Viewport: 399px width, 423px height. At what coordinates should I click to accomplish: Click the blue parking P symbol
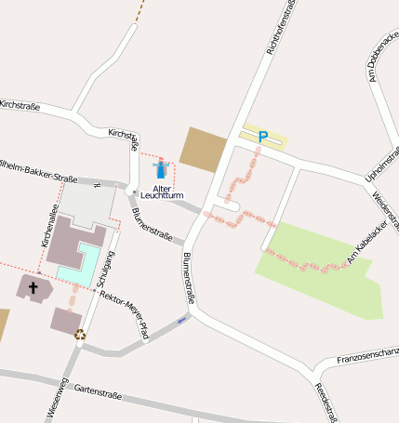pyautogui.click(x=263, y=138)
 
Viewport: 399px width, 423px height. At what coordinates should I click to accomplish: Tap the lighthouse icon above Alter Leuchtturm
pyautogui.click(x=160, y=169)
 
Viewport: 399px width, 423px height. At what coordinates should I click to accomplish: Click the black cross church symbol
pyautogui.click(x=33, y=287)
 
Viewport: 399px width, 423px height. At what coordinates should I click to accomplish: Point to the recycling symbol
pyautogui.click(x=80, y=335)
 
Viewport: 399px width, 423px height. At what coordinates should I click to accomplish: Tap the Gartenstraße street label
pyautogui.click(x=98, y=392)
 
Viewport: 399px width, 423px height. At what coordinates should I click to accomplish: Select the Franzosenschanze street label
pyautogui.click(x=367, y=354)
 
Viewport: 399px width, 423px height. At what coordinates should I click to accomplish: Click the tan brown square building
pyautogui.click(x=203, y=149)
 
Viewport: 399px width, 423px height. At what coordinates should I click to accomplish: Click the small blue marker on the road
pyautogui.click(x=183, y=320)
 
